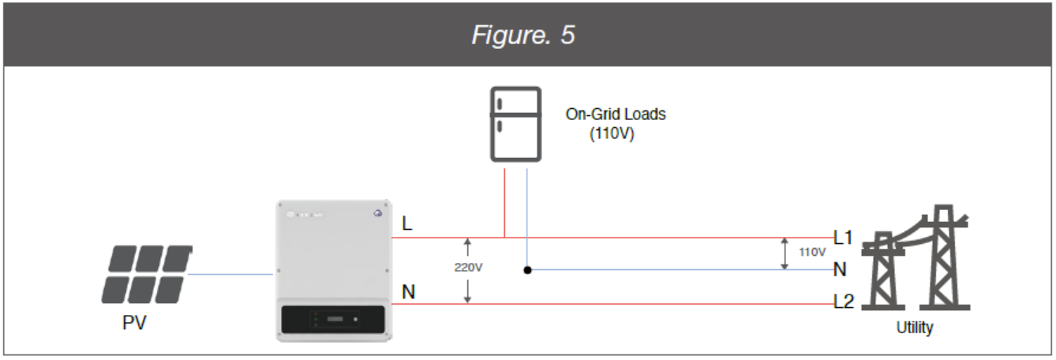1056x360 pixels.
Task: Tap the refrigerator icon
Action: coord(515,124)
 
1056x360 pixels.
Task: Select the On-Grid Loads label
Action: coord(616,114)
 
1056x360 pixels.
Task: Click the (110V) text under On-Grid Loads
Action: coord(612,134)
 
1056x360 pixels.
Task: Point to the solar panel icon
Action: coord(147,275)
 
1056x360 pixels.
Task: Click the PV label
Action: coord(135,324)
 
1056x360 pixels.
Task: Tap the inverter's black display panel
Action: coord(334,320)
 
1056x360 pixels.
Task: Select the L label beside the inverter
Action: coord(407,224)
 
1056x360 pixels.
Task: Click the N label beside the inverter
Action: coord(408,292)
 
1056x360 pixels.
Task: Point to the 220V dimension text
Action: coord(468,268)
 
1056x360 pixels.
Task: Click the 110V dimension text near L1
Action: coord(812,253)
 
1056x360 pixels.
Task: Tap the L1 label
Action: coord(844,237)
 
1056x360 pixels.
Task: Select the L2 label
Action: coord(844,302)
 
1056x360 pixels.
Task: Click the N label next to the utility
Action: coord(840,270)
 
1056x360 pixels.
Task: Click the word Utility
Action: coord(914,328)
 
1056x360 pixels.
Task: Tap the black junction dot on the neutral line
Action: coord(527,270)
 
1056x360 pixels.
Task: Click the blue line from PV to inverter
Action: coord(230,274)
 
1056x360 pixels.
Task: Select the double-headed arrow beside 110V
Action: coord(784,253)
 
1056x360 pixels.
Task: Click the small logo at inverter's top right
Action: coord(377,212)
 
